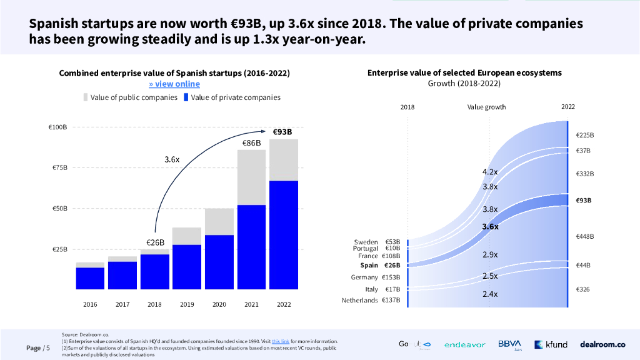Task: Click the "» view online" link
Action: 174,84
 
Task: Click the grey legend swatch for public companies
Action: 86,97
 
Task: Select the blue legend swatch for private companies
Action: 186,97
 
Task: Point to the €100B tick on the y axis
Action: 57,127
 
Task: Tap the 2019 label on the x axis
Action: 186,304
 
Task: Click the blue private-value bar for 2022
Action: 284,234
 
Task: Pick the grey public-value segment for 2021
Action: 251,177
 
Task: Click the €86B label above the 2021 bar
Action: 251,144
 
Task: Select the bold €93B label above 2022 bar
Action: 282,132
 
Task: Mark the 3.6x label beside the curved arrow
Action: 172,159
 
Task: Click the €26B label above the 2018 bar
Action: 155,242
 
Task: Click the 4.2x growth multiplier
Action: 490,172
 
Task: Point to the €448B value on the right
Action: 584,236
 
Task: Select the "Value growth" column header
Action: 486,107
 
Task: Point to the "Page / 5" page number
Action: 38,348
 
